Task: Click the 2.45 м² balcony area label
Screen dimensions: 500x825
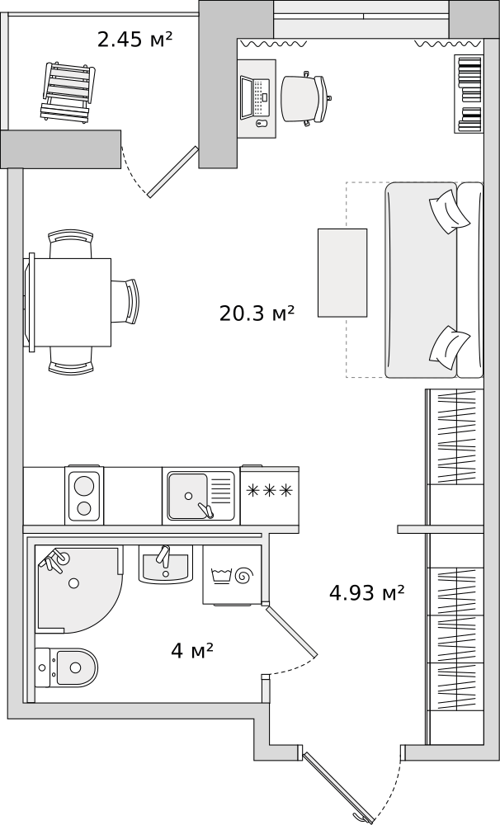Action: [135, 40]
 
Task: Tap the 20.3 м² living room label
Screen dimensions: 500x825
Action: [257, 313]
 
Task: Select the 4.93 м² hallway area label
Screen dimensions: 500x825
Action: [367, 593]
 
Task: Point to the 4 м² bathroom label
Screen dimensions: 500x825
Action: [192, 651]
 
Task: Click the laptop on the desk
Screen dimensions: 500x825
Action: [255, 97]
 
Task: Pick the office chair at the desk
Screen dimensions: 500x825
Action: [305, 98]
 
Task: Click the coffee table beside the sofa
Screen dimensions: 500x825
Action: [342, 272]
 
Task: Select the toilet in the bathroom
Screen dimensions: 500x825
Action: [66, 667]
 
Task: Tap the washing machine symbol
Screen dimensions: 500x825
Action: [232, 574]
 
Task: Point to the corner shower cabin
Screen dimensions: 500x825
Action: [79, 589]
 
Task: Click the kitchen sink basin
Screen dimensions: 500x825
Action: [188, 496]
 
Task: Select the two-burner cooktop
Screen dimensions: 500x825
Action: [84, 495]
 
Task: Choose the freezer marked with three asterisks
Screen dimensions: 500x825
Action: [270, 495]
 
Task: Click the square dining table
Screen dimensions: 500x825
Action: [69, 302]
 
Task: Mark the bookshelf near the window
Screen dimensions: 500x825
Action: [468, 94]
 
